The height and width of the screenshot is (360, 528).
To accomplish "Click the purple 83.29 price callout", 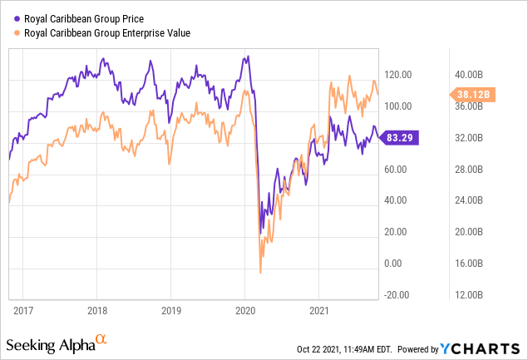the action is tap(399, 137).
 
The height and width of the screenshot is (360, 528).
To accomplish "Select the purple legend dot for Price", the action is tap(17, 19).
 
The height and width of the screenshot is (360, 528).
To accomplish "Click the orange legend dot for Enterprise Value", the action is tap(17, 33).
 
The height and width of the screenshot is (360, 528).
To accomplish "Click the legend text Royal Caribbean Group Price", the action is tap(84, 19).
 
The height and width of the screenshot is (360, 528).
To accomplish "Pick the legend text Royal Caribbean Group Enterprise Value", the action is tap(107, 33).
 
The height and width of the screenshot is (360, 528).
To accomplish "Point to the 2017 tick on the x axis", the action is tap(23, 310).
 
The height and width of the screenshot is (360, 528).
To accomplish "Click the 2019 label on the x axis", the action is tap(171, 310).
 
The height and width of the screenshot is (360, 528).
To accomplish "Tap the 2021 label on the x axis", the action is tap(319, 310).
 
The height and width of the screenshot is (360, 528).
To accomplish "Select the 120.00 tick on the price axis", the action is tap(398, 75).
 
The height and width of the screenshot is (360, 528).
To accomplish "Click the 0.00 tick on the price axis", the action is tap(393, 264).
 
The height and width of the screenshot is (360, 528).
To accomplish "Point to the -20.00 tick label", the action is tap(397, 295).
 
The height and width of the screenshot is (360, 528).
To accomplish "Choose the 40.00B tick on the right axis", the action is tap(469, 75).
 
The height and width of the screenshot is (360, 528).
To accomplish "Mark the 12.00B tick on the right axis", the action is tap(469, 295).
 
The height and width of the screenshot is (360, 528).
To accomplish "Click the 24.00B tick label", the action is tap(469, 200).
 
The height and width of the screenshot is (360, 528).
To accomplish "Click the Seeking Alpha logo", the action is tap(57, 344).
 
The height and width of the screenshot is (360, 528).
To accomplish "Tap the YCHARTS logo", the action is tap(480, 349).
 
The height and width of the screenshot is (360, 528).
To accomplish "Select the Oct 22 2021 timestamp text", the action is tap(344, 349).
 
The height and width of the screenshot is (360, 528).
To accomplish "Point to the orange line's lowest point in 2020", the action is tap(260, 273).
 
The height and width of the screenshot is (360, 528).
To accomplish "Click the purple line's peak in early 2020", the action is tap(248, 56).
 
